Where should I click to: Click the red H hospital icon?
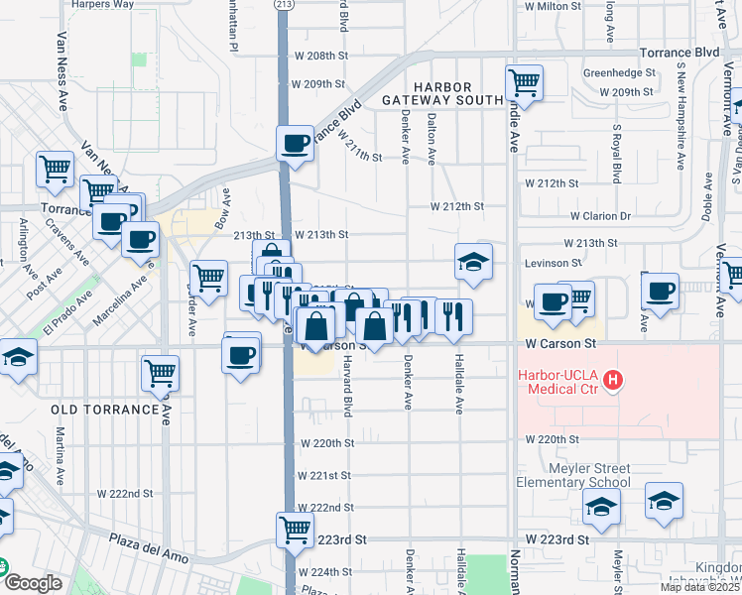(614, 379)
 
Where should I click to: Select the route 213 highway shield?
(285, 5)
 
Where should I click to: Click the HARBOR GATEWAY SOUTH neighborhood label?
(441, 93)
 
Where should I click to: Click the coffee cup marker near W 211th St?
(296, 144)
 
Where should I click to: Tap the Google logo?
(32, 583)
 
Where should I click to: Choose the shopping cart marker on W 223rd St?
(295, 529)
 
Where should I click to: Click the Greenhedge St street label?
(619, 73)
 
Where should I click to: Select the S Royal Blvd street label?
(616, 154)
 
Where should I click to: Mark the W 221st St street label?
(323, 475)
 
